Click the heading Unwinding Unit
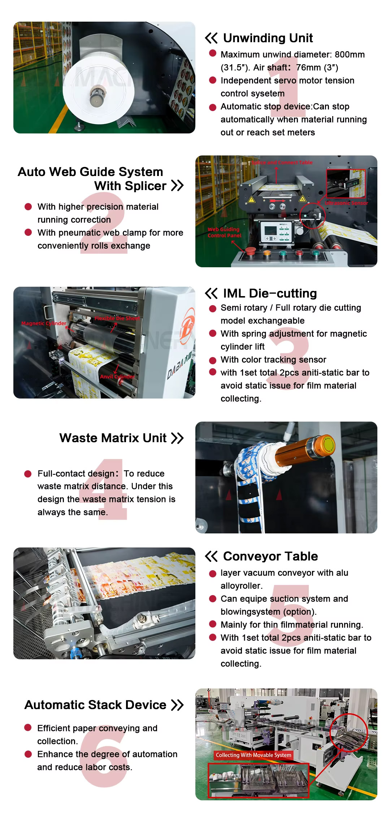pos(268,38)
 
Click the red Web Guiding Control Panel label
pos(224,232)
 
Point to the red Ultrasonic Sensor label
pos(346,203)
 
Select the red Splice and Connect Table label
pos(282,162)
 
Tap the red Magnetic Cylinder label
pos(44,324)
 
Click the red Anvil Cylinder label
pos(117,377)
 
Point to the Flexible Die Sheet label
pos(117,318)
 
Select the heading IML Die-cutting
pos(270,293)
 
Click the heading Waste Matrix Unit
pos(113,438)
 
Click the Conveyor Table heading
pos(270,556)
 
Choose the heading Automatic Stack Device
pos(95,705)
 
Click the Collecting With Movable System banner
pos(253,755)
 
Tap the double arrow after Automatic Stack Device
pos(177,705)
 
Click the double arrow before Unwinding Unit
pos(211,38)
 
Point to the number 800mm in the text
pos(350,54)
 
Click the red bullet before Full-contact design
pos(28,474)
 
